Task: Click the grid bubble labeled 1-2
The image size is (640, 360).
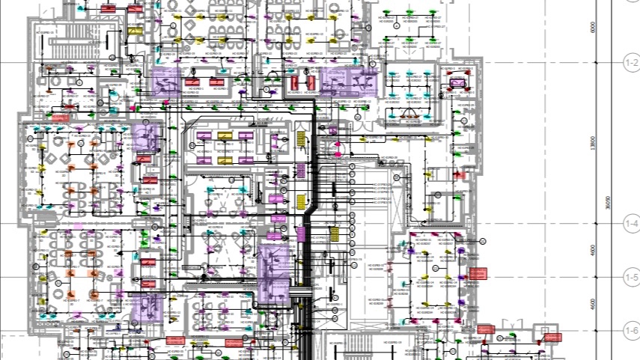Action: point(630,65)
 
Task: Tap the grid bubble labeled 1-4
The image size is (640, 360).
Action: point(630,222)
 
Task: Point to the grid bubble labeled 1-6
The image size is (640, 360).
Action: point(630,330)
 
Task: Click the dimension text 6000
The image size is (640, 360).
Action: point(593,28)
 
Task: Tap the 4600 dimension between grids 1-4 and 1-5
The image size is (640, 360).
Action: point(593,249)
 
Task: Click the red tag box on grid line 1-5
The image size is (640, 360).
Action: point(478,274)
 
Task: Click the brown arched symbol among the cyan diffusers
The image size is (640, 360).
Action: point(409,114)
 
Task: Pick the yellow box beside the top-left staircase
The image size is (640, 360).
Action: point(135,31)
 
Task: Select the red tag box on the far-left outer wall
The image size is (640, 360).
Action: point(60,117)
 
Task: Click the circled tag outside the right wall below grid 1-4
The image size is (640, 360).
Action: point(483,241)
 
